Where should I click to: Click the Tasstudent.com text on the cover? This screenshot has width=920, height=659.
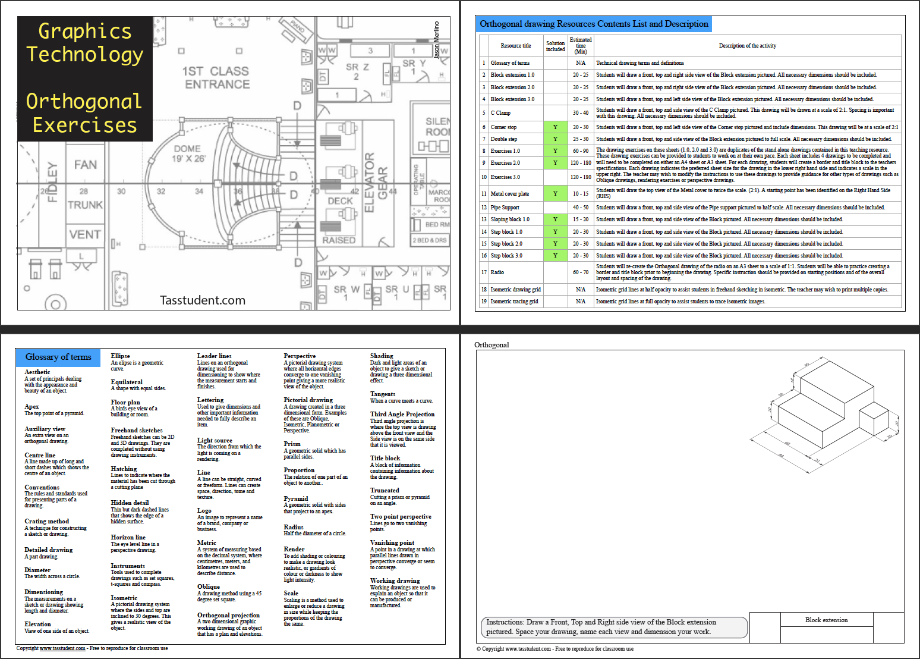[202, 300]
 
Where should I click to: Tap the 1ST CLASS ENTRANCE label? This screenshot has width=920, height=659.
[216, 78]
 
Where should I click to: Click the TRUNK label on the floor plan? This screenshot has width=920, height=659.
[85, 205]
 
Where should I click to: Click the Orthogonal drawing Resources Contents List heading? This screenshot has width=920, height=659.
[594, 24]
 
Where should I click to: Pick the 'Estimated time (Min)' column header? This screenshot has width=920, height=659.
[581, 46]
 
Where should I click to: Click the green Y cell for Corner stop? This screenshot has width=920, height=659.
[555, 127]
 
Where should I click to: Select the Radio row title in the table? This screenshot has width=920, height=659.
[497, 272]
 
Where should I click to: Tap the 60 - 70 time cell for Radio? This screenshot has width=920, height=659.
[581, 272]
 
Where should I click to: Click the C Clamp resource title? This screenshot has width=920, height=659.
[500, 113]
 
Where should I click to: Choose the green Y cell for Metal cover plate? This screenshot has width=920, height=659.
[555, 194]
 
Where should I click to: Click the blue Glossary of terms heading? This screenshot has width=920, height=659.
[58, 357]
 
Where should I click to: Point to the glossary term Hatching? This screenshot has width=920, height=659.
[124, 469]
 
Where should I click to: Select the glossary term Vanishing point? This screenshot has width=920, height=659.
[392, 542]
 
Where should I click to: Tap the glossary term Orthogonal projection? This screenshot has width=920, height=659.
[228, 615]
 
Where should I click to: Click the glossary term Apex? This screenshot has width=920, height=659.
[31, 406]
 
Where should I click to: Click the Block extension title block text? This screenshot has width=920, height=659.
[826, 620]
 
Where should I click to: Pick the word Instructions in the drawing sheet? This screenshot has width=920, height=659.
[505, 622]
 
